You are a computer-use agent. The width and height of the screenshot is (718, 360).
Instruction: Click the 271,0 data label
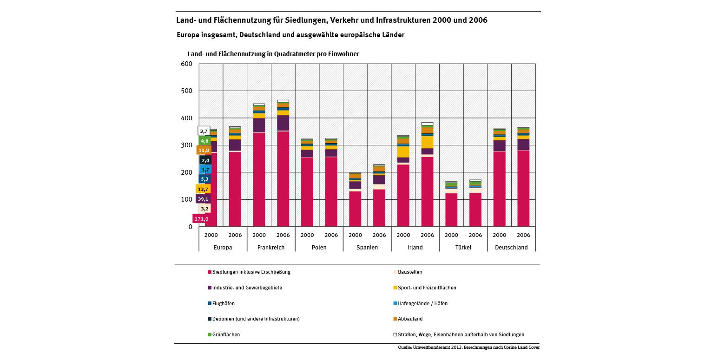pyautogui.click(x=201, y=219)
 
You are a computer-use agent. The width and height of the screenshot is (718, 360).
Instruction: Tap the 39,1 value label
pyautogui.click(x=203, y=199)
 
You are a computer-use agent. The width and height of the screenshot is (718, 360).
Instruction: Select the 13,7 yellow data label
pyautogui.click(x=203, y=189)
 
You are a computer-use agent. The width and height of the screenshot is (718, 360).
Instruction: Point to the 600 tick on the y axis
pyautogui.click(x=187, y=64)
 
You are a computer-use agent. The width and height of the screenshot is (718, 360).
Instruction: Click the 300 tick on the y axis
pyautogui.click(x=187, y=145)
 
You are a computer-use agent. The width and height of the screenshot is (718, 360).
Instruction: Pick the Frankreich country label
pyautogui.click(x=271, y=248)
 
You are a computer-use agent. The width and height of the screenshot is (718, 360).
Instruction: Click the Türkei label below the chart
pyautogui.click(x=463, y=248)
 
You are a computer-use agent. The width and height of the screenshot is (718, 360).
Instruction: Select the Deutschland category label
pyautogui.click(x=511, y=248)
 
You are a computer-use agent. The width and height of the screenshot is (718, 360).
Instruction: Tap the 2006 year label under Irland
pyautogui.click(x=427, y=235)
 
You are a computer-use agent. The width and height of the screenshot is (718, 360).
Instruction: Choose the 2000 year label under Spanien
pyautogui.click(x=355, y=235)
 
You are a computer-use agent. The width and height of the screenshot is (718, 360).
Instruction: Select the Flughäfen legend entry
pyautogui.click(x=223, y=304)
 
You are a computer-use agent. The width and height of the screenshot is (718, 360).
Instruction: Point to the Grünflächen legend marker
pyautogui.click(x=210, y=335)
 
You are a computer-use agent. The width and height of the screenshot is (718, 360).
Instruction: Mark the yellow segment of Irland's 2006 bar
pyautogui.click(x=427, y=142)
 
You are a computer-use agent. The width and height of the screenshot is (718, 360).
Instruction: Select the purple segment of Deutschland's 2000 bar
pyautogui.click(x=499, y=145)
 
